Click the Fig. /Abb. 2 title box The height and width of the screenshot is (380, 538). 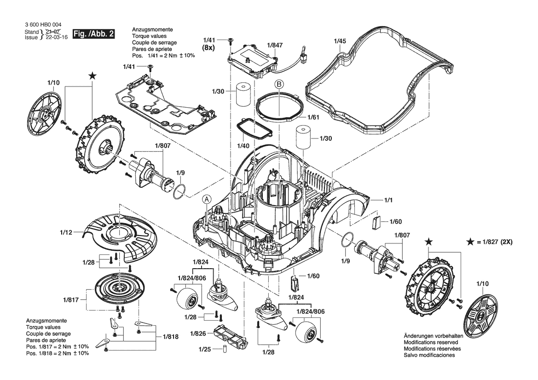click(94, 34)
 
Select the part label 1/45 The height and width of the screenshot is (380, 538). click(340, 41)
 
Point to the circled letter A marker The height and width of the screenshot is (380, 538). click(207, 199)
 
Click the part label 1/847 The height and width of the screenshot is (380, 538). click(275, 45)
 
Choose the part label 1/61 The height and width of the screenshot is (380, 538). click(313, 117)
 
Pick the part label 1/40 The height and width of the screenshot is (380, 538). click(243, 146)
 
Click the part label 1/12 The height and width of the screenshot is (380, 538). click(66, 232)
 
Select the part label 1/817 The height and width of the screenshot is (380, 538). click(71, 300)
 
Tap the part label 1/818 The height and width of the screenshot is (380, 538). click(171, 336)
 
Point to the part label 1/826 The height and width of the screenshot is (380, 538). click(198, 334)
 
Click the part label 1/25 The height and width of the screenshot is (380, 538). click(205, 349)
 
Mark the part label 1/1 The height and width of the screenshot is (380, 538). click(388, 200)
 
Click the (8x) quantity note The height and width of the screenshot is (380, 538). click(208, 48)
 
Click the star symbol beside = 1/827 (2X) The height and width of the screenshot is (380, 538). click(470, 242)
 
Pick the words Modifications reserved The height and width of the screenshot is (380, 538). click(431, 342)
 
